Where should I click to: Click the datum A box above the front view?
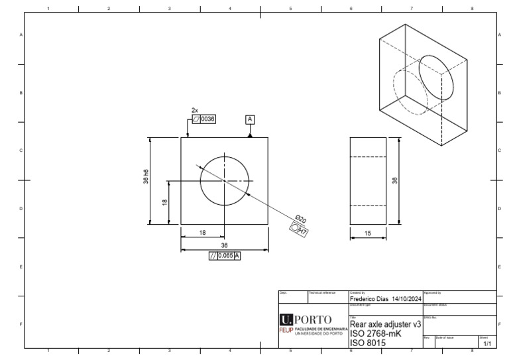(250, 119)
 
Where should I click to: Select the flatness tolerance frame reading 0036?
(204, 119)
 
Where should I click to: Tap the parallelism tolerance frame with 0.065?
(224, 255)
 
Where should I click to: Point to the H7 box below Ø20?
(299, 229)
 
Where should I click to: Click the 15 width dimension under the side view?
(367, 234)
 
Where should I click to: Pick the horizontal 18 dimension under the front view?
(202, 233)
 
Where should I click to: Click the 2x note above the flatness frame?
(195, 110)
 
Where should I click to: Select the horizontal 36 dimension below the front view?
(224, 245)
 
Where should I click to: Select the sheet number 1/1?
(487, 344)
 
